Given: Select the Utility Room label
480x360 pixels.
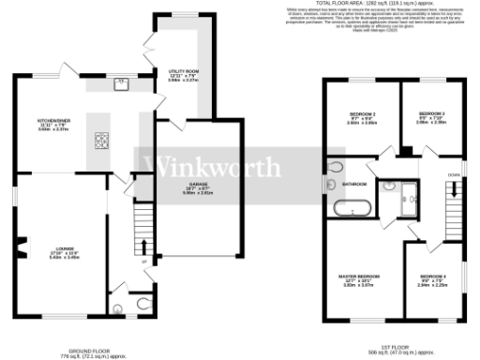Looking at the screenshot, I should point(182,71).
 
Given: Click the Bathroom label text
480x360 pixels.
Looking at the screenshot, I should point(353,184).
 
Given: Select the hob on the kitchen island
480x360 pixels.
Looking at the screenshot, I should point(99,142).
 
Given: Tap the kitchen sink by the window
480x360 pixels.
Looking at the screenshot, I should point(122,82).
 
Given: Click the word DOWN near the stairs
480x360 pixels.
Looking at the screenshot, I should point(454,175).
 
